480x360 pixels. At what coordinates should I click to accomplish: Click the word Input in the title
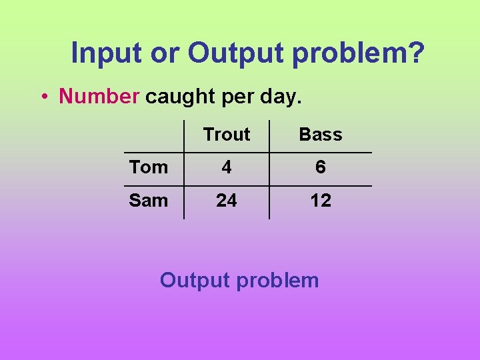coord(107,53)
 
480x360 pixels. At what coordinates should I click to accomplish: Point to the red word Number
coord(99,96)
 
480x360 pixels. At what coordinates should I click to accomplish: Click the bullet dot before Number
coord(43,97)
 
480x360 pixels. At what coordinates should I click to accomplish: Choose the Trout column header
coord(227,134)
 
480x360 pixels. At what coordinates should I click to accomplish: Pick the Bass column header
coord(321,134)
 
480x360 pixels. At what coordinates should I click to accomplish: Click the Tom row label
coord(149,167)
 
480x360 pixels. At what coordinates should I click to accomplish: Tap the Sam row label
coord(149,200)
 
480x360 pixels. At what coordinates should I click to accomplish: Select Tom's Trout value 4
coord(227,167)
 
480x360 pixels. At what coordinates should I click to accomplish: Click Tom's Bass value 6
coord(321,167)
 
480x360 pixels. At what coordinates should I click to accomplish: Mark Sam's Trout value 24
coord(227,200)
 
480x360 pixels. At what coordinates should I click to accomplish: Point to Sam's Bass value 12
coord(321,200)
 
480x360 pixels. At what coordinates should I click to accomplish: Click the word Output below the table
coord(195,280)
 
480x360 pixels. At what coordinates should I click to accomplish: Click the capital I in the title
coord(75,53)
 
